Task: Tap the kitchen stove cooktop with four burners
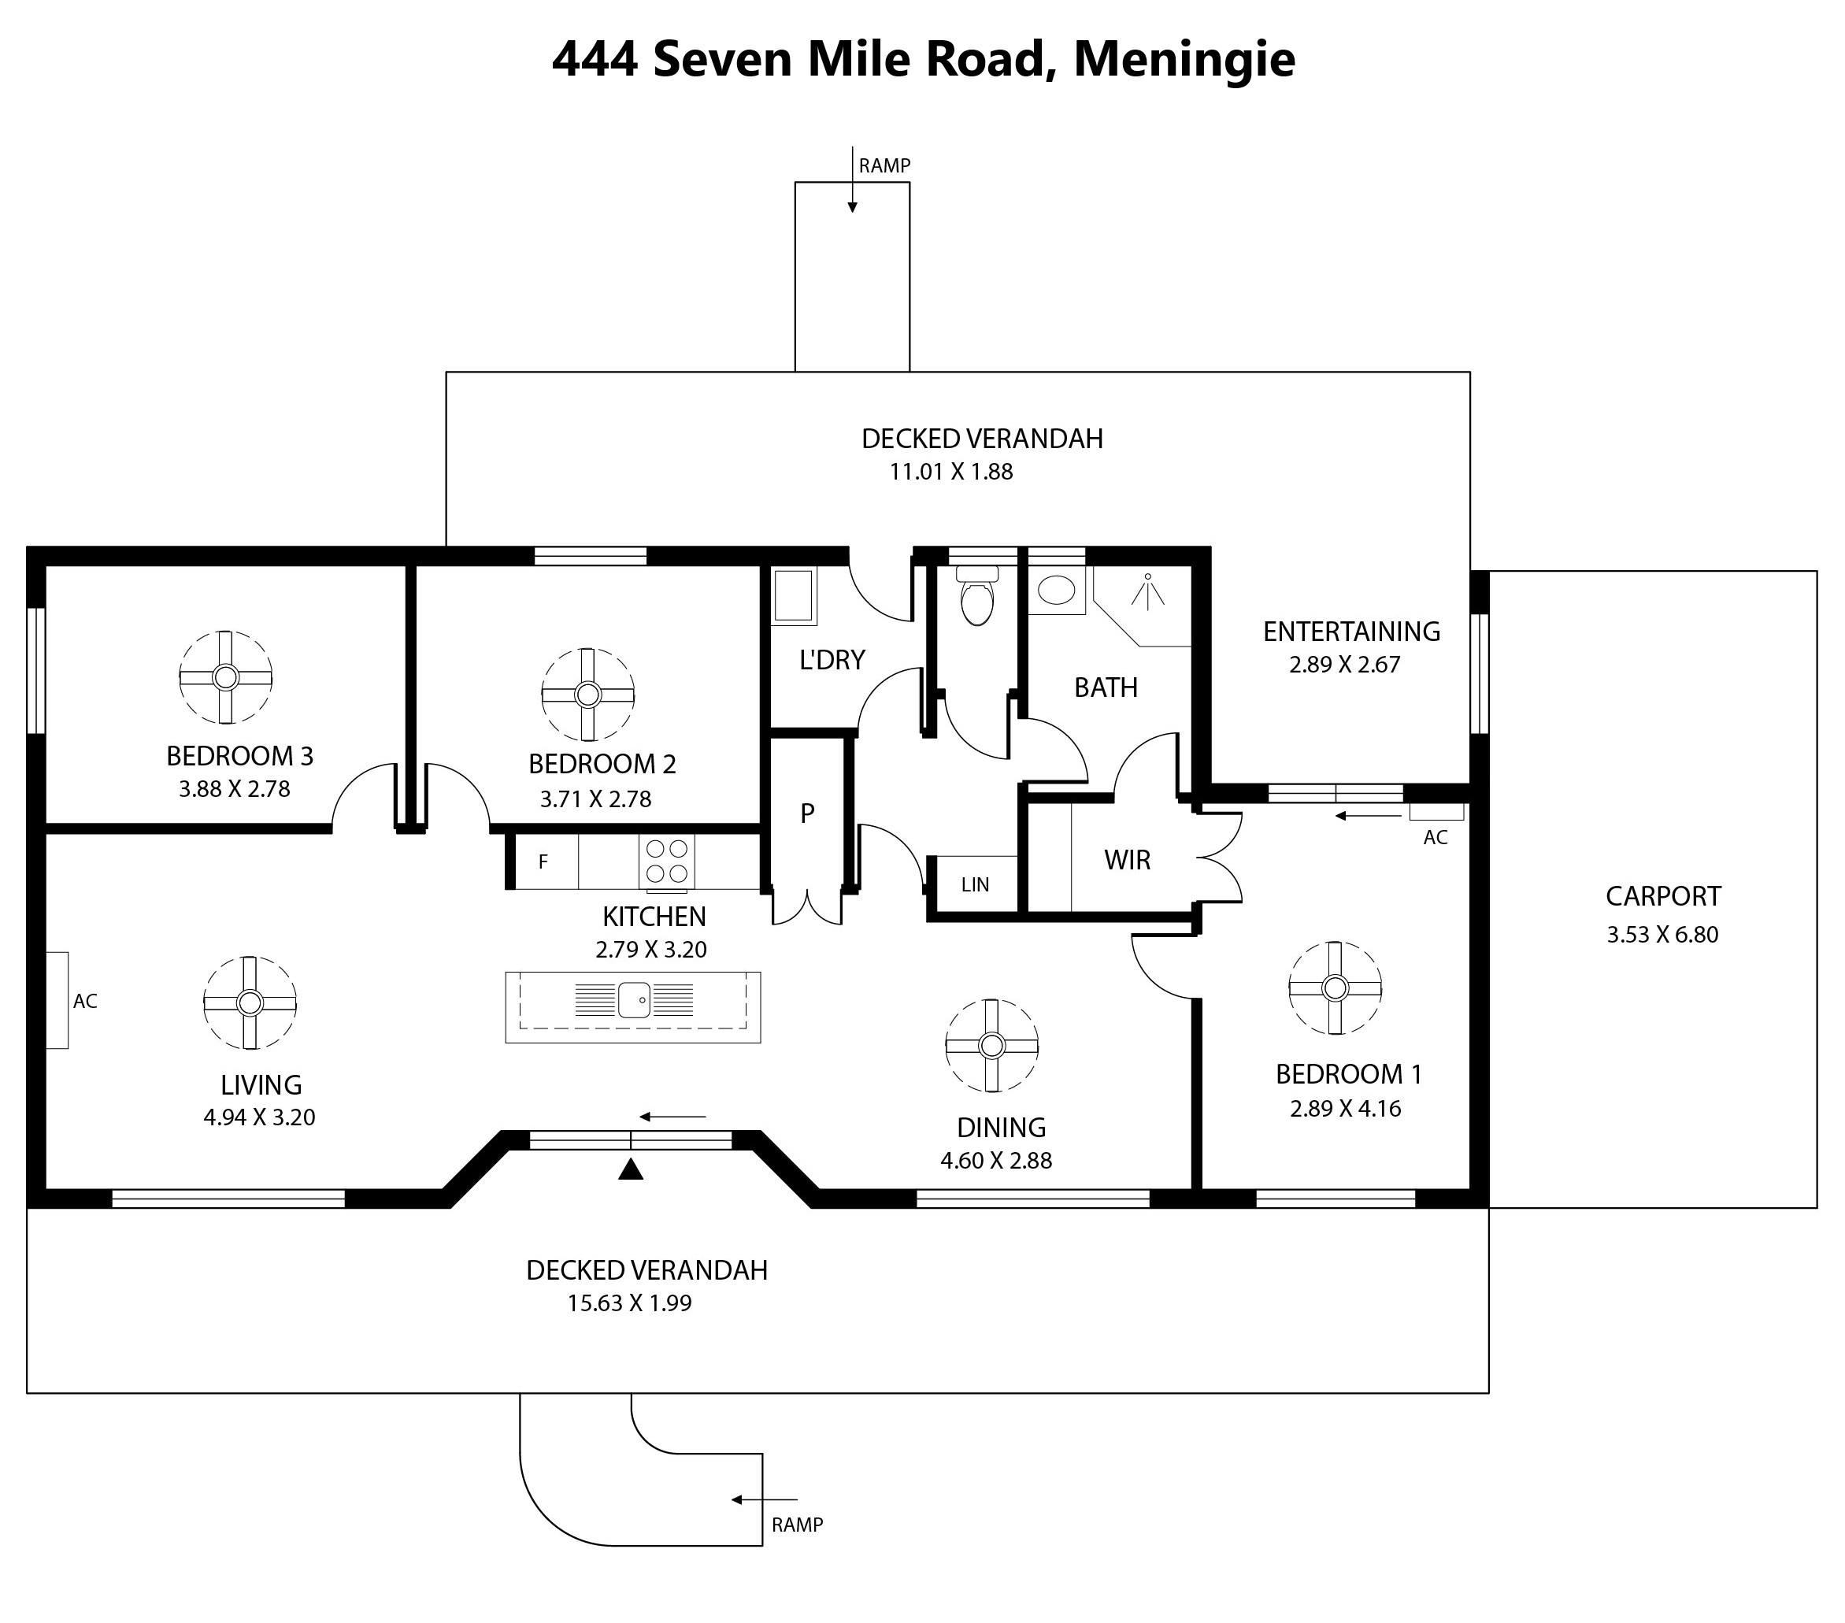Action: pyautogui.click(x=666, y=862)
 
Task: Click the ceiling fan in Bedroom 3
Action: pyautogui.click(x=226, y=677)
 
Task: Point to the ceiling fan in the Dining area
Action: pyautogui.click(x=992, y=1045)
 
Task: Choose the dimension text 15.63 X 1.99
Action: pyautogui.click(x=630, y=1303)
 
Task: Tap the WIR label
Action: pyautogui.click(x=1128, y=860)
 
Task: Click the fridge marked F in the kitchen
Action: pyautogui.click(x=543, y=862)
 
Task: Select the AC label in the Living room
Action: pyautogui.click(x=86, y=1001)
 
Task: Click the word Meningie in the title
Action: pyautogui.click(x=1184, y=59)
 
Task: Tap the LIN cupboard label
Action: pyautogui.click(x=975, y=884)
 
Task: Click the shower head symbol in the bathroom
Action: pyautogui.click(x=1147, y=590)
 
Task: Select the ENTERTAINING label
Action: pyautogui.click(x=1351, y=632)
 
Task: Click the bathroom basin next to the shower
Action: pyautogui.click(x=1057, y=591)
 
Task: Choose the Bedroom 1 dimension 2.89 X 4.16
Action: pyautogui.click(x=1346, y=1109)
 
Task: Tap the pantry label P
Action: pyautogui.click(x=807, y=813)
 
